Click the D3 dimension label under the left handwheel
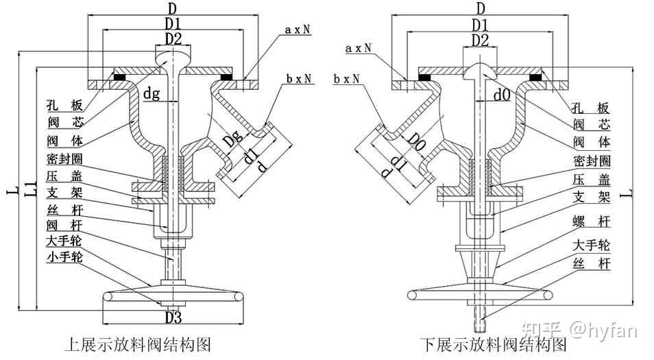(173, 317)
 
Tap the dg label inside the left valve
(152, 93)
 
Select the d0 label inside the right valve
(502, 95)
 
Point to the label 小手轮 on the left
(64, 257)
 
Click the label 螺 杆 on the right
(592, 222)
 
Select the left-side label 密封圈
(64, 159)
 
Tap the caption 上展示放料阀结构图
(138, 345)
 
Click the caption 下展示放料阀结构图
(494, 345)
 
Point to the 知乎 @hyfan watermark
(580, 331)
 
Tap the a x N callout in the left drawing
(298, 29)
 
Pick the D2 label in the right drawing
(480, 41)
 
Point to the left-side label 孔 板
(64, 105)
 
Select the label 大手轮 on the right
(592, 245)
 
